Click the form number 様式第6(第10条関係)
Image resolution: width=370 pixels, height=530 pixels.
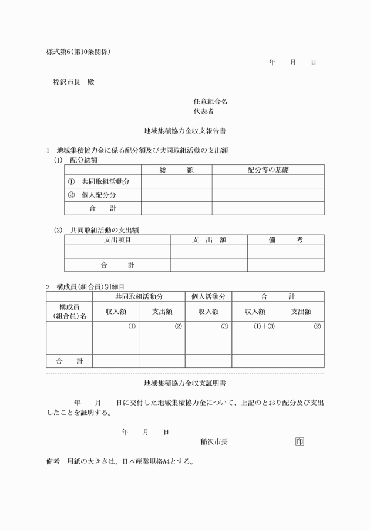78,52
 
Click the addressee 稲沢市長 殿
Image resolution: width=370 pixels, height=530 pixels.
73,82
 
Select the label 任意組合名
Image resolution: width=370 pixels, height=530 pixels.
210,101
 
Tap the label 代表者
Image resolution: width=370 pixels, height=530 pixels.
203,111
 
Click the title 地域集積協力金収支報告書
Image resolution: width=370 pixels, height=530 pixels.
185,131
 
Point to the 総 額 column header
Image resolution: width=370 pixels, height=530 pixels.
176,170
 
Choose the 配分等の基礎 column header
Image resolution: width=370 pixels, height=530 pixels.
268,170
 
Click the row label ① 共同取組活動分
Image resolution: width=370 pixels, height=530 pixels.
99,181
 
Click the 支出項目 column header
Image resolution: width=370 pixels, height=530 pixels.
117,239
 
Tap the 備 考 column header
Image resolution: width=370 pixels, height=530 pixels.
285,239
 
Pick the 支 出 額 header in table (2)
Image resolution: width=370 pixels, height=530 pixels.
209,239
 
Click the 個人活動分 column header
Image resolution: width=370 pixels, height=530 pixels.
208,296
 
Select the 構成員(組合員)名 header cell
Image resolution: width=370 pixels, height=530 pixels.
69,312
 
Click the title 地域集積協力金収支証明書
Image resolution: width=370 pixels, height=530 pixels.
185,383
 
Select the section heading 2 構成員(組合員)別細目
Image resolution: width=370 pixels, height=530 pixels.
85,287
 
